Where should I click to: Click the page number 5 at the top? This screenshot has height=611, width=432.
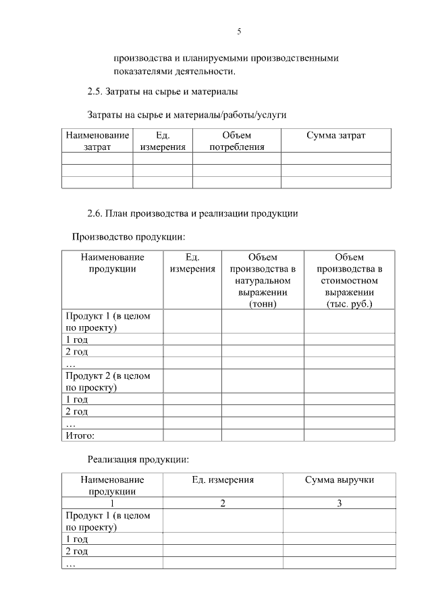point(239,32)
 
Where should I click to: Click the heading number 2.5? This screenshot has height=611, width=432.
point(94,91)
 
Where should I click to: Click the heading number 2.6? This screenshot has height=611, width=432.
point(94,213)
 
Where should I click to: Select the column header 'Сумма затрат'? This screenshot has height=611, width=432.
point(335,136)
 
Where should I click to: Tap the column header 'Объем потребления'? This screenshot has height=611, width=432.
point(236,141)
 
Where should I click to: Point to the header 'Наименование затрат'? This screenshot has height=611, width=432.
point(97,141)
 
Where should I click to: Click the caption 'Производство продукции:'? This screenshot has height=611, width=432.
point(128,237)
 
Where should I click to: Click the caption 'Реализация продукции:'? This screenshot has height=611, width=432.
point(138,460)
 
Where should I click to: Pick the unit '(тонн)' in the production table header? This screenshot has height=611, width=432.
point(263,304)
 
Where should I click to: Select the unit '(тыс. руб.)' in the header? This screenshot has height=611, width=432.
point(349,304)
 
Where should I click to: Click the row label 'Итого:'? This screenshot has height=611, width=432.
point(80,435)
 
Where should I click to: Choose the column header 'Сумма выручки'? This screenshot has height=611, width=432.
point(339,480)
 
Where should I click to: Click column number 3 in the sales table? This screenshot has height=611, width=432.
point(339,503)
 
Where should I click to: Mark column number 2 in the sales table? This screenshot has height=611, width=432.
point(222,503)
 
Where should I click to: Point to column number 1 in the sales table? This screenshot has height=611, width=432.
point(112,503)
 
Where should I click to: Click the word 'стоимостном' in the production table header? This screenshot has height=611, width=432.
point(349,281)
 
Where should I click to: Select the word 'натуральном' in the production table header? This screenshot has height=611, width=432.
point(263,281)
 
